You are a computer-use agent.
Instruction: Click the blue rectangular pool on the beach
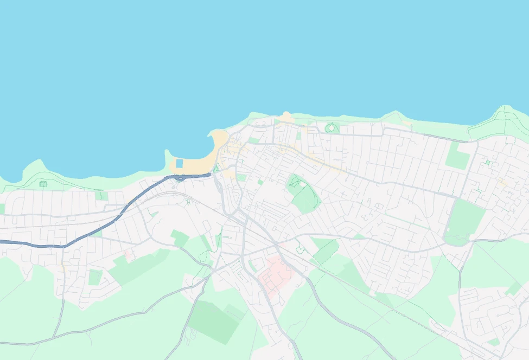[180, 163]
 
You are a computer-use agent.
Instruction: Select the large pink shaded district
[275, 274]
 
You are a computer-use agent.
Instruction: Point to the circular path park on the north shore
[332, 128]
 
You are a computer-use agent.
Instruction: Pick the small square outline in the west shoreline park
[43, 184]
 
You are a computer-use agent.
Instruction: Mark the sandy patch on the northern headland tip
[286, 117]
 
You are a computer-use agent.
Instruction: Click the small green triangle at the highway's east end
[215, 169]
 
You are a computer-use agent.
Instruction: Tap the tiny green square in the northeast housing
[488, 162]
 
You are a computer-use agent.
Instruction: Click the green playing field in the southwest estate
[95, 277]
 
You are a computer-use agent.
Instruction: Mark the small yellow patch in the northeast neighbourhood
[502, 182]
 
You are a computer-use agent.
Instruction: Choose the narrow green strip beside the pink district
[253, 266]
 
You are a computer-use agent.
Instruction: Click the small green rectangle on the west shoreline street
[101, 196]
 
